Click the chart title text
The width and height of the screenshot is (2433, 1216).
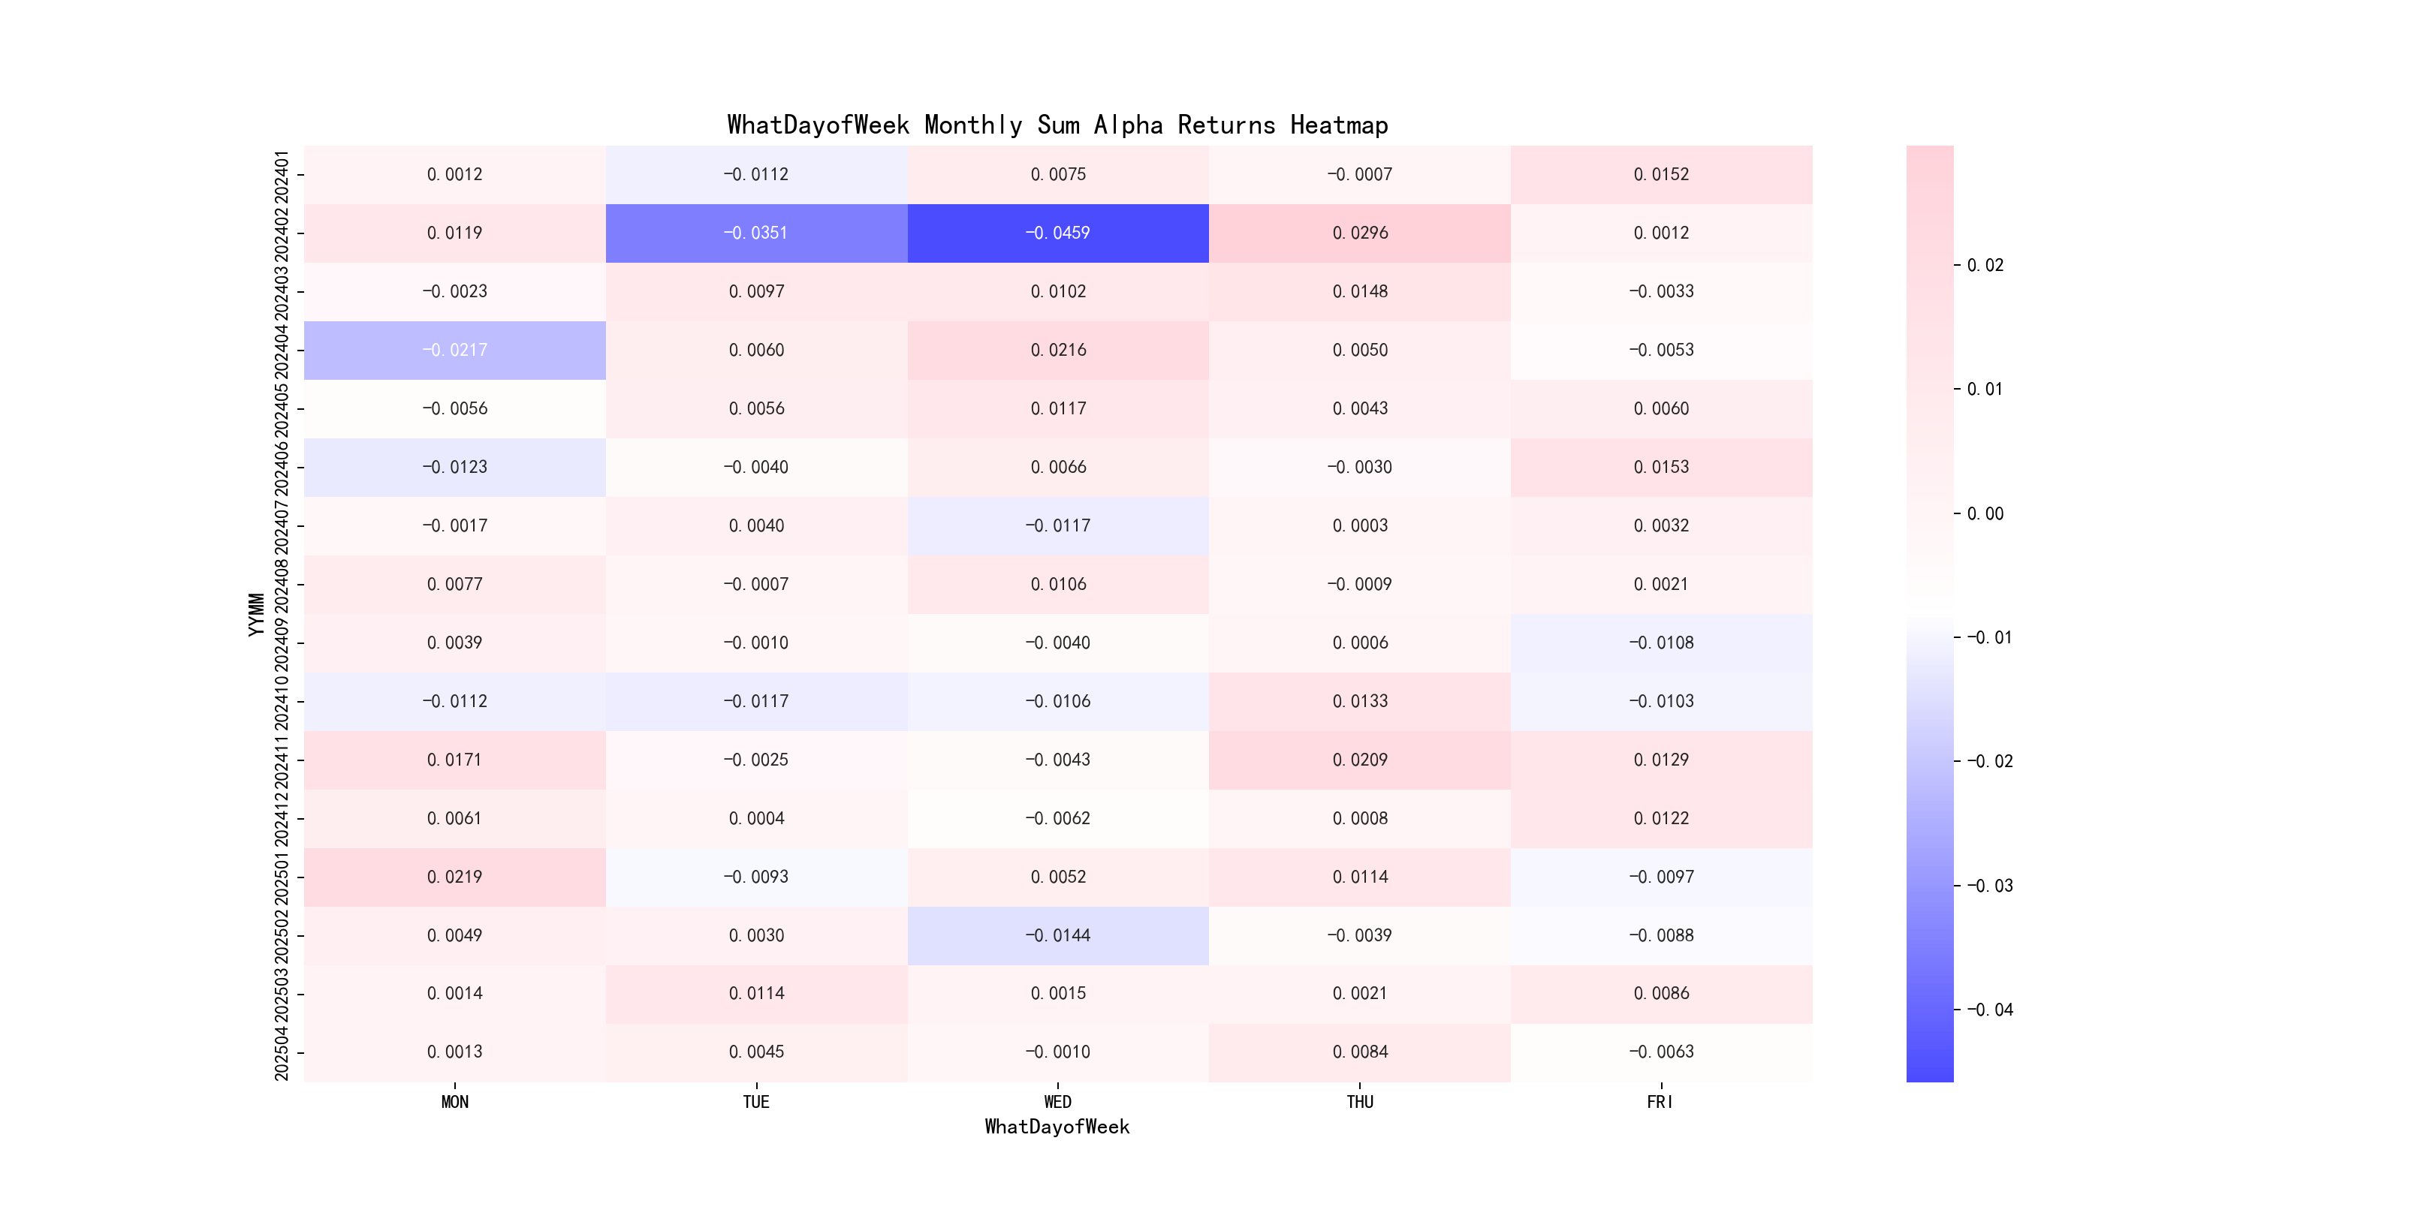coord(1057,125)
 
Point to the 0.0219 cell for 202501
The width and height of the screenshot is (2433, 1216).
coord(454,877)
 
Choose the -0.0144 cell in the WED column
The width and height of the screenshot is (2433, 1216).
coord(1058,935)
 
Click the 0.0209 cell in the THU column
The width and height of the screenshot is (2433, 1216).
coord(1360,760)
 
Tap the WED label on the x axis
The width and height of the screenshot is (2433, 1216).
coord(1058,1102)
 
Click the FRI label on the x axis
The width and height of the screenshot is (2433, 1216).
coord(1660,1102)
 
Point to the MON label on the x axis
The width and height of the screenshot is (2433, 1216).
coord(454,1102)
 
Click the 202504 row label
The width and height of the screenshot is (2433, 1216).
coord(282,1052)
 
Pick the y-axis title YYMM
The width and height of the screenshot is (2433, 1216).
coord(256,615)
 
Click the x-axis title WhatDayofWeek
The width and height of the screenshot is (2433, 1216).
coord(1057,1127)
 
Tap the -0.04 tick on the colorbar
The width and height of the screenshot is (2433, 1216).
coord(1989,1010)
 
